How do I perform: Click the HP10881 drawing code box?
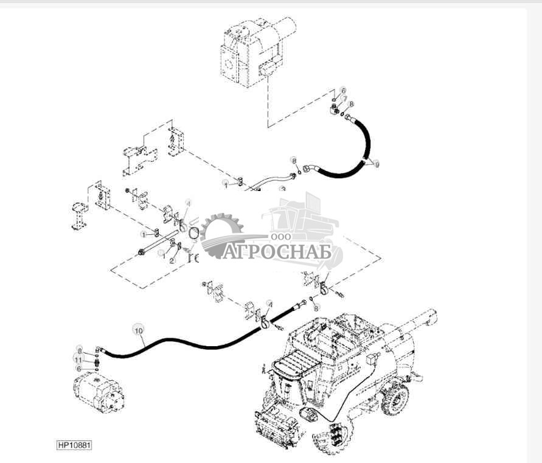pos(74,445)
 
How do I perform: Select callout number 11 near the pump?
pos(78,360)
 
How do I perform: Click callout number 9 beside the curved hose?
pos(377,164)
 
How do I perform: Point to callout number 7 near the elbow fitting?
pos(344,99)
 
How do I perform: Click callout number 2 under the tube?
pos(172,260)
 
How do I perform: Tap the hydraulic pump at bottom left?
pos(98,392)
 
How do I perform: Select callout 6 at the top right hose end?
pos(342,89)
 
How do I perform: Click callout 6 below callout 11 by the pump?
pos(78,369)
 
